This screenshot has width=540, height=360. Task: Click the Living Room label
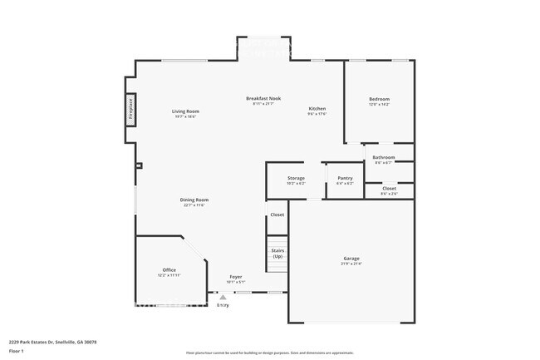[x=185, y=111]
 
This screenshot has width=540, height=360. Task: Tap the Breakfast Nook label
[x=263, y=98]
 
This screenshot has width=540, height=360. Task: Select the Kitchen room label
[x=317, y=109]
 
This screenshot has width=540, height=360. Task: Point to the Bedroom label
[x=379, y=99]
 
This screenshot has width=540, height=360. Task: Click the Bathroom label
[x=383, y=157]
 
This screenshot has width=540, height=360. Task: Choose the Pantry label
[x=345, y=178]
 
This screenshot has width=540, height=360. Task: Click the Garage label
[x=351, y=259]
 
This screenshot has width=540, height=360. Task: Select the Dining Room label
[x=194, y=200]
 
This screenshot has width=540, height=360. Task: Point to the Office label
[x=169, y=269]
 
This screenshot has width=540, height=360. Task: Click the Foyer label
[x=236, y=276]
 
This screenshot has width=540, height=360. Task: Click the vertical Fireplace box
[x=131, y=111]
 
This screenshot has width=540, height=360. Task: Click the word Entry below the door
[x=223, y=306]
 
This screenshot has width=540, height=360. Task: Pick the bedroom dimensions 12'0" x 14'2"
[x=379, y=105]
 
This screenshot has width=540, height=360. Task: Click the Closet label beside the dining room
[x=277, y=215]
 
